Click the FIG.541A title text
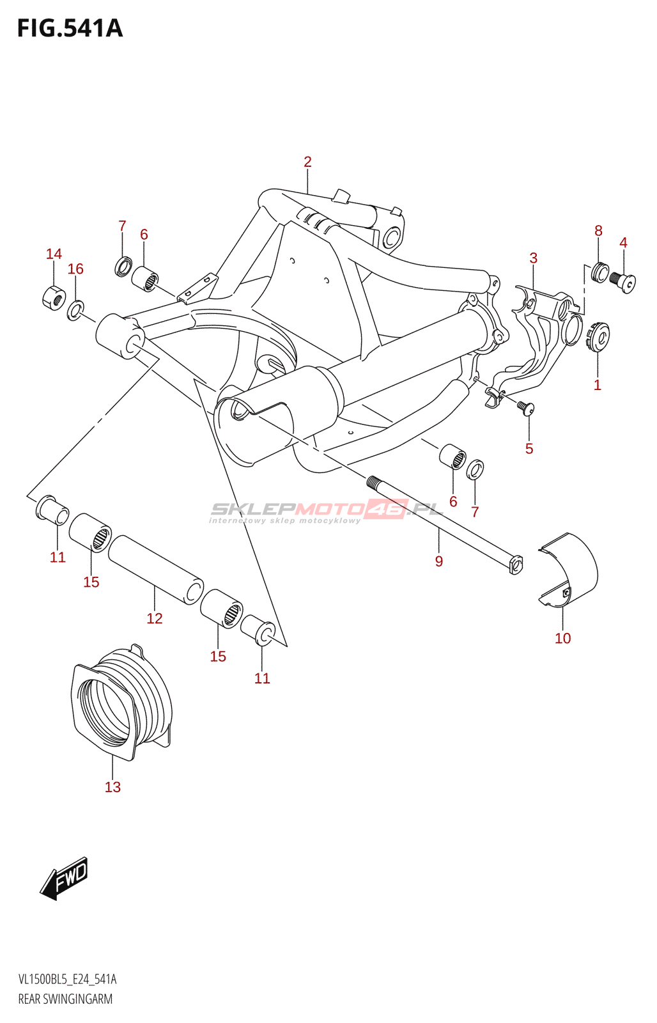(x=70, y=29)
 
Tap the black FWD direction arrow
(x=65, y=879)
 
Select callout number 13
(x=112, y=787)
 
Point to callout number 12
(x=155, y=618)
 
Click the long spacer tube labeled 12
(x=155, y=570)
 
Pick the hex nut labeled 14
(x=54, y=296)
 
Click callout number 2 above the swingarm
(x=307, y=162)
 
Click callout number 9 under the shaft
(x=439, y=561)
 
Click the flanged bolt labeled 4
(x=624, y=281)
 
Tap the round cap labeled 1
(x=599, y=336)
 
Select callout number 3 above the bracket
(x=534, y=258)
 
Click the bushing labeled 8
(x=600, y=272)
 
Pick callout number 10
(x=563, y=638)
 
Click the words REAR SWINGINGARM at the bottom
(x=65, y=999)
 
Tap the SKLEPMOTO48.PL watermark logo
(x=326, y=511)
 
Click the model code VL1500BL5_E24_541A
(x=68, y=980)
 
